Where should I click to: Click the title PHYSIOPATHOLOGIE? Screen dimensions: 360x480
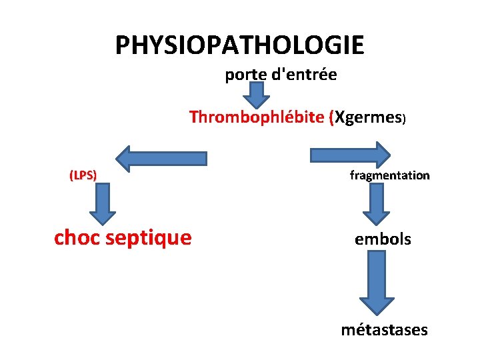(239, 45)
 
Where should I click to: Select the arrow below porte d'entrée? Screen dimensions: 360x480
(255, 95)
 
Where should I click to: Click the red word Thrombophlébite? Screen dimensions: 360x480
(257, 117)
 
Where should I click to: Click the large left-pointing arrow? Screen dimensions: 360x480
(161, 157)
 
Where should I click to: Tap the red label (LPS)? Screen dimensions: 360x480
(83, 175)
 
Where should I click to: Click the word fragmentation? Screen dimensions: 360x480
(389, 176)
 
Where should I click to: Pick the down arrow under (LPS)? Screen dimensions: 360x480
(103, 204)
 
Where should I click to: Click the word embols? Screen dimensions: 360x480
(383, 239)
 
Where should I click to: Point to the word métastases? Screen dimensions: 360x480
(384, 329)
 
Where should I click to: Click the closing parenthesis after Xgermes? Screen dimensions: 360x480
(403, 119)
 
